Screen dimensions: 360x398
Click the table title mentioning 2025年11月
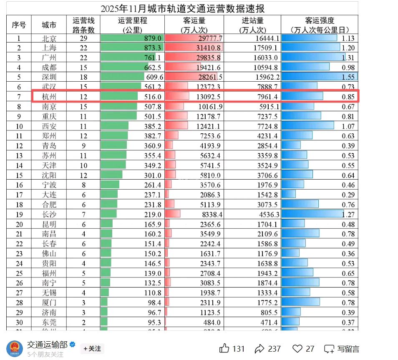(182, 8)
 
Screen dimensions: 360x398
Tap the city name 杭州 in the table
(49, 97)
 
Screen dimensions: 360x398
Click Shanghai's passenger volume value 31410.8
(208, 48)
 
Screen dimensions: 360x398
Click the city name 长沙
(49, 214)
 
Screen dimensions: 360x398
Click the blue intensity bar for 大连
(289, 195)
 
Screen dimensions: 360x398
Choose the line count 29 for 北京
(83, 38)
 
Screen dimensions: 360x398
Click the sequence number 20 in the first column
(18, 224)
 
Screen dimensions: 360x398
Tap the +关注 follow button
(92, 348)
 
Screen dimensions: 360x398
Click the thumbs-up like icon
(224, 348)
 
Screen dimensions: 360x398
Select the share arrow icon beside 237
(260, 348)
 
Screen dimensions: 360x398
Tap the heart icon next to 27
(297, 348)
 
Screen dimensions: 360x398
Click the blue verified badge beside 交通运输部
(72, 345)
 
